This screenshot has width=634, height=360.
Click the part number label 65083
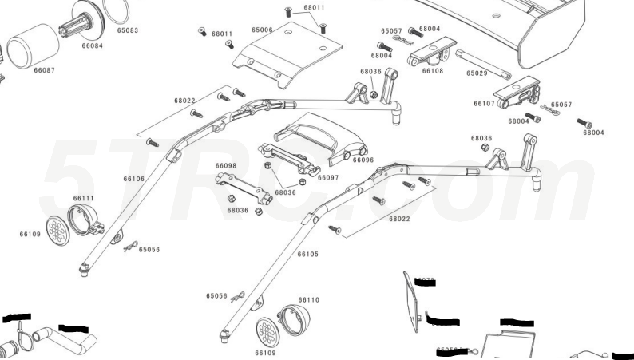pyautogui.click(x=128, y=30)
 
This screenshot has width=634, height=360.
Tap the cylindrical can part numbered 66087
pyautogui.click(x=30, y=49)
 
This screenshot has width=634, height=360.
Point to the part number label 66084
pyautogui.click(x=92, y=45)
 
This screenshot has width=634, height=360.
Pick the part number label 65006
pyautogui.click(x=262, y=30)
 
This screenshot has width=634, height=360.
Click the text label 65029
pyautogui.click(x=477, y=73)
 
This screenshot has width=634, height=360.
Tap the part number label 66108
pyautogui.click(x=433, y=71)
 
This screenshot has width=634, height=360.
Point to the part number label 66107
pyautogui.click(x=484, y=104)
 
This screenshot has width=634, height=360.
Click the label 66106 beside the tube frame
pyautogui.click(x=133, y=179)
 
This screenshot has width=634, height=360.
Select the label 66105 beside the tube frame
pyautogui.click(x=307, y=255)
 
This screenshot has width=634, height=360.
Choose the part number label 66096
pyautogui.click(x=363, y=160)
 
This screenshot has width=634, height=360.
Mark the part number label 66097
pyautogui.click(x=328, y=177)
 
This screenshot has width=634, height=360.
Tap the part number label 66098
pyautogui.click(x=226, y=165)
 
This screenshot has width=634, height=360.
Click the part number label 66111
pyautogui.click(x=83, y=198)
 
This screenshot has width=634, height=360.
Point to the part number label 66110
pyautogui.click(x=309, y=300)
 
